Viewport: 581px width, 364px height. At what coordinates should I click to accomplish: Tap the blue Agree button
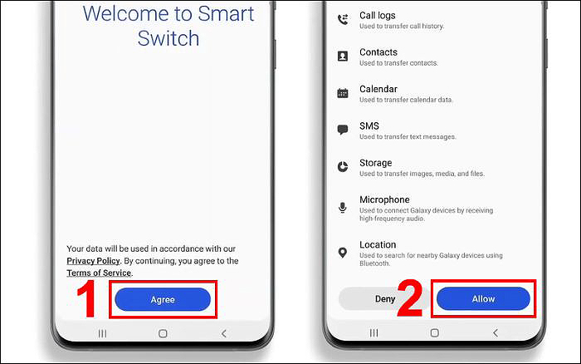(163, 299)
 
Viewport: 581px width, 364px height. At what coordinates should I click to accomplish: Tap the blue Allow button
(483, 298)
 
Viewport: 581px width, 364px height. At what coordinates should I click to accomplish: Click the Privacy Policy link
(93, 261)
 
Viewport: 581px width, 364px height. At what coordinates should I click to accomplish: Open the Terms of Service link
(99, 273)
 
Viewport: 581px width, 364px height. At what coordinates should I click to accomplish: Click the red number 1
(86, 299)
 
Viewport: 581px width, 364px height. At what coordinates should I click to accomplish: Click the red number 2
(410, 298)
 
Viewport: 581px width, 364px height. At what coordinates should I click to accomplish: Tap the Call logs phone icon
(343, 19)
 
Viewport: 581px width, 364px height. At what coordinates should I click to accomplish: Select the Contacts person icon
(343, 56)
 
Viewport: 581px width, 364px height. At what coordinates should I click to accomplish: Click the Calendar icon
(343, 93)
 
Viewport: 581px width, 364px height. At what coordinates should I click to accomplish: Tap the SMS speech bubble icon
(343, 130)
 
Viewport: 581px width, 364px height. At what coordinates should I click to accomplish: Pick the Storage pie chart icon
(343, 166)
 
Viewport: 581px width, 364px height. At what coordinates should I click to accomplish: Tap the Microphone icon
(343, 208)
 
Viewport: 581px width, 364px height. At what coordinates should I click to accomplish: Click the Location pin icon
(343, 253)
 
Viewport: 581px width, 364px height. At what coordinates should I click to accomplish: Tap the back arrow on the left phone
(223, 333)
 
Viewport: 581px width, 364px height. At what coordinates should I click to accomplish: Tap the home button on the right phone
(435, 332)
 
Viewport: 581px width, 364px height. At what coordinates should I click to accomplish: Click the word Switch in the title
(168, 38)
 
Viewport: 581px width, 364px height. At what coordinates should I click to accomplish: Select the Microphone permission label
(384, 199)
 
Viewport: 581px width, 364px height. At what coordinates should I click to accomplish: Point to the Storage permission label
(375, 163)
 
